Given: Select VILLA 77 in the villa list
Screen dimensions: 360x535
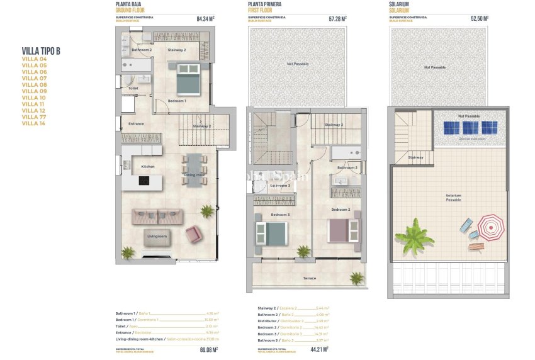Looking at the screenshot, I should coord(35,116).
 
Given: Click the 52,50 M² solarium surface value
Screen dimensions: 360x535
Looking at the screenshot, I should coord(476,19).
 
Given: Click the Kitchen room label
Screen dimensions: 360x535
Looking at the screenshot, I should coord(148,167).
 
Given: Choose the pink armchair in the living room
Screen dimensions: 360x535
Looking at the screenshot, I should coord(194,235).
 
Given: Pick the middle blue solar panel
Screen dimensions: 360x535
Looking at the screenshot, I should coord(470,127).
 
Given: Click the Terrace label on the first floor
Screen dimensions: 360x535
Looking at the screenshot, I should coord(309,278).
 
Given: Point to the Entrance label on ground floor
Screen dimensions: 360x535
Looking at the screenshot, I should coord(136,123).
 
